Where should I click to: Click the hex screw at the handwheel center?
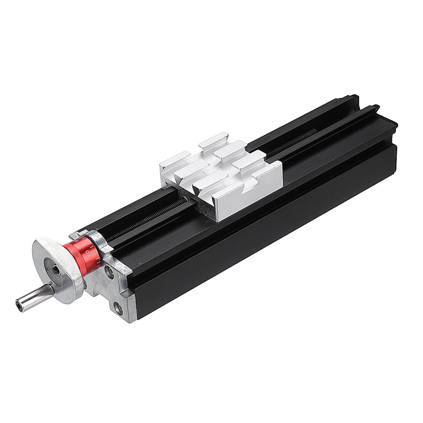pyautogui.click(x=56, y=270)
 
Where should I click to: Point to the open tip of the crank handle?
pyautogui.click(x=20, y=305)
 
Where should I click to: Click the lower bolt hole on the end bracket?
pyautogui.click(x=117, y=307)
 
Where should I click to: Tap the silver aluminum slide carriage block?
pyautogui.click(x=222, y=174)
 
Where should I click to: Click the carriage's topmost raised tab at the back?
pyautogui.click(x=214, y=141)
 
